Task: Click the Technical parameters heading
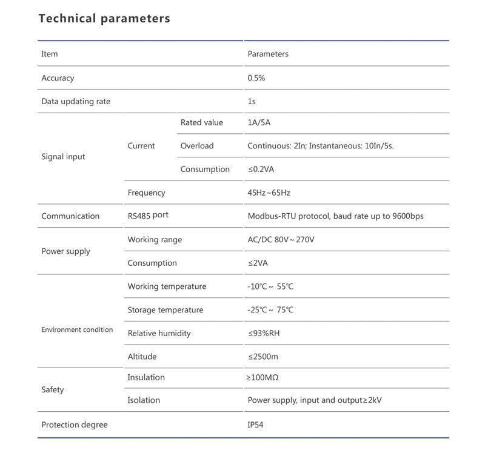pos(104,18)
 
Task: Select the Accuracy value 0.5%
pos(256,78)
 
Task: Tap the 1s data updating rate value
pos(252,101)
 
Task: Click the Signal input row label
pos(63,157)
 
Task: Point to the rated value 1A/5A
pos(259,122)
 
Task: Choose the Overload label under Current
pos(197,146)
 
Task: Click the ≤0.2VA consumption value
pos(261,170)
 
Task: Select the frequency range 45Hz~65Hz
pos(269,193)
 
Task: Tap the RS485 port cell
pos(148,216)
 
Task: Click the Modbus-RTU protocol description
pos(335,216)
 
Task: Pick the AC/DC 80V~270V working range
pos(281,240)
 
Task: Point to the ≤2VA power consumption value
pos(258,263)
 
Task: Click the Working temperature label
pos(167,286)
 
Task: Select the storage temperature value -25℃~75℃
pos(270,310)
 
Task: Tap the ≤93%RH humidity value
pos(264,333)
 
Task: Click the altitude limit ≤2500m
pos(263,357)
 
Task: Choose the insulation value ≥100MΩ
pos(262,377)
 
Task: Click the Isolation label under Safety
pos(144,400)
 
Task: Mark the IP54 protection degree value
pos(255,425)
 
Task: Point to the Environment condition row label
pos(77,330)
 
